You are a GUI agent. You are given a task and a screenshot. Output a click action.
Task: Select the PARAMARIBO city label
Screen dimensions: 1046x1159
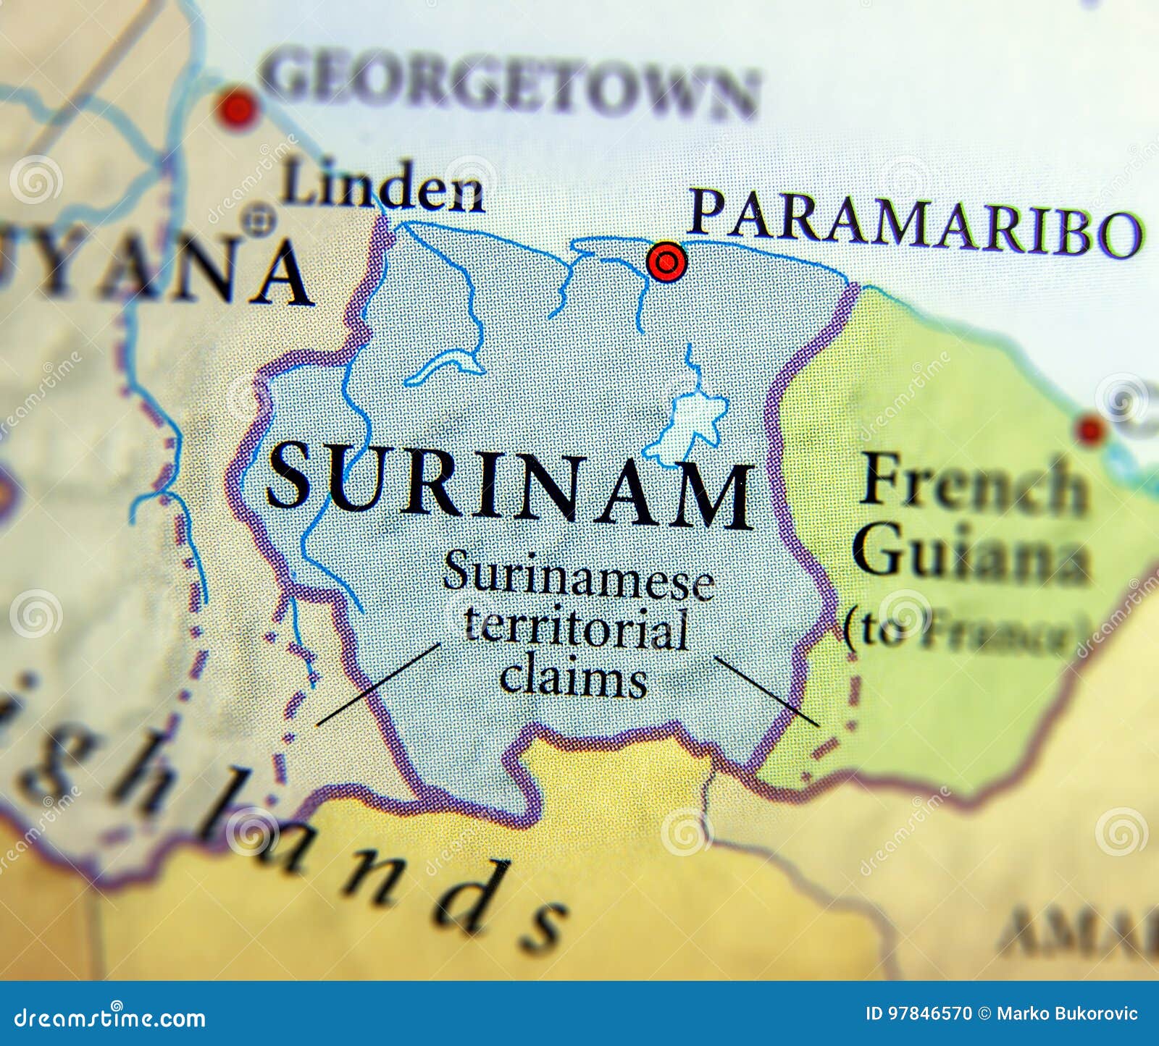tap(914, 223)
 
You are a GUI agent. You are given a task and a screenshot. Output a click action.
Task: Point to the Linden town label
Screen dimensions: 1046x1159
tap(382, 186)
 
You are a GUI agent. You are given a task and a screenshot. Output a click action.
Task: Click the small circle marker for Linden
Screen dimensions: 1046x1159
tap(259, 219)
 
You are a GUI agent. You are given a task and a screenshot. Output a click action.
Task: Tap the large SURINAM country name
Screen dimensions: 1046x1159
tap(510, 483)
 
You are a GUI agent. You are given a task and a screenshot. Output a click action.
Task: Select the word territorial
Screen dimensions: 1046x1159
tap(576, 628)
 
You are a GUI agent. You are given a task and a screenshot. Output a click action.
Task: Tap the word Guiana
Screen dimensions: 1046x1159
tap(971, 552)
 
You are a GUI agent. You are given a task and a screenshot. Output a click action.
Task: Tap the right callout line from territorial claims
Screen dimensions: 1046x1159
tap(766, 691)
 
